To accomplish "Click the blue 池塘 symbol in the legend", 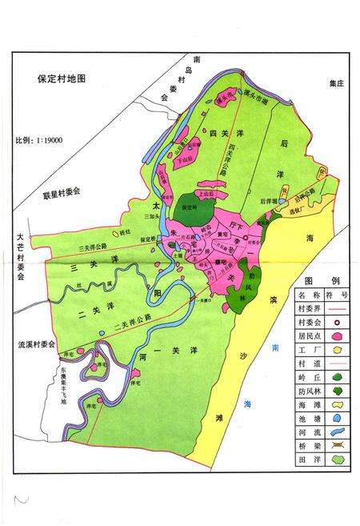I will click(x=337, y=419).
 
